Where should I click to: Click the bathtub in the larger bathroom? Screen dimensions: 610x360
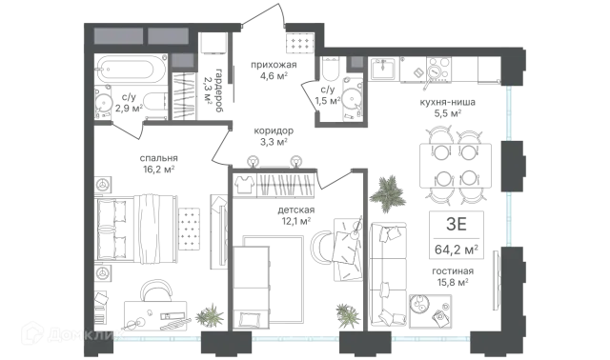132,69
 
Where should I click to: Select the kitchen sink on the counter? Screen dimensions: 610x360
382,70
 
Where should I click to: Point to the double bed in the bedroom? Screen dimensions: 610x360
135,227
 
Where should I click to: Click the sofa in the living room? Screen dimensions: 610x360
388,273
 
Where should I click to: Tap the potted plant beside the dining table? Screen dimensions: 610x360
388,193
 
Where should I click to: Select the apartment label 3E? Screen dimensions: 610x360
457,225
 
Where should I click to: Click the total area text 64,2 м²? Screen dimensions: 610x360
457,250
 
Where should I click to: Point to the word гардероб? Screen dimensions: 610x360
219,90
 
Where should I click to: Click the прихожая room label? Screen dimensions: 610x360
274,65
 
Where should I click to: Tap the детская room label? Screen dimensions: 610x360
296,210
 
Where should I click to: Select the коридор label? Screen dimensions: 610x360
274,130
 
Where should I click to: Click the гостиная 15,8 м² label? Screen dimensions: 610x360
453,276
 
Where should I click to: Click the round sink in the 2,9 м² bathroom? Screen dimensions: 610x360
104,103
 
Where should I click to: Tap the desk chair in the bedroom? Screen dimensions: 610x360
156,290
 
